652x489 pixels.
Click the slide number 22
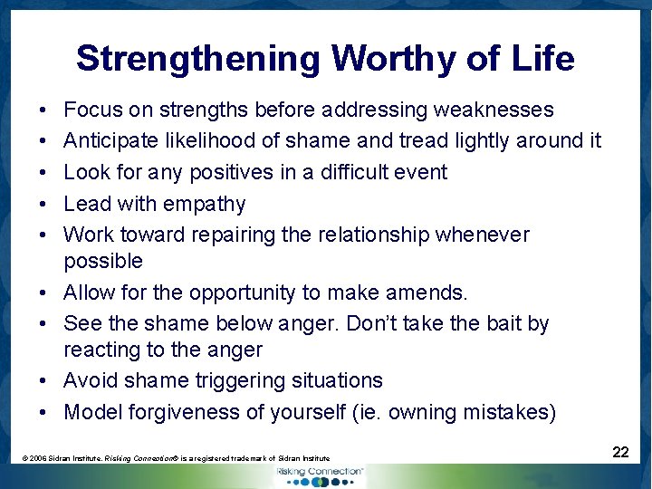click(620, 452)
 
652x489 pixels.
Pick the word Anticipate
click(108, 140)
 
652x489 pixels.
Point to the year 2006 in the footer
click(39, 459)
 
